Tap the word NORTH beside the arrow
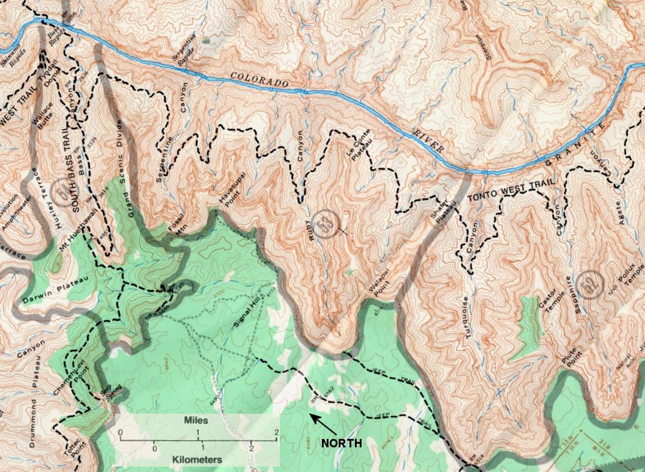(341, 444)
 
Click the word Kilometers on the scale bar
(196, 459)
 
